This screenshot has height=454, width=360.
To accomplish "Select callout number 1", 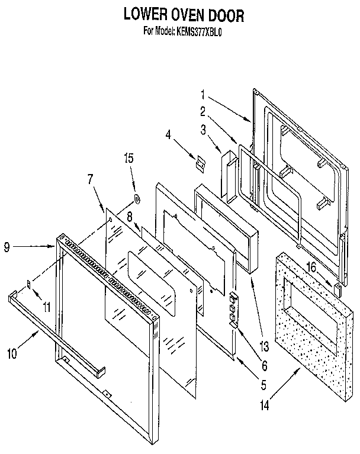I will [x=202, y=94].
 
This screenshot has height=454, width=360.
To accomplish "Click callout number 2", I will [x=202, y=111].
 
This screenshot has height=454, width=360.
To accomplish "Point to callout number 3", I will [x=202, y=128].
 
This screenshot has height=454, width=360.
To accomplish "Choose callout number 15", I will [x=129, y=158].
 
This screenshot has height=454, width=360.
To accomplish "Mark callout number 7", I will [x=90, y=178].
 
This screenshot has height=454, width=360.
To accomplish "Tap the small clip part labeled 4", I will [x=199, y=160].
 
